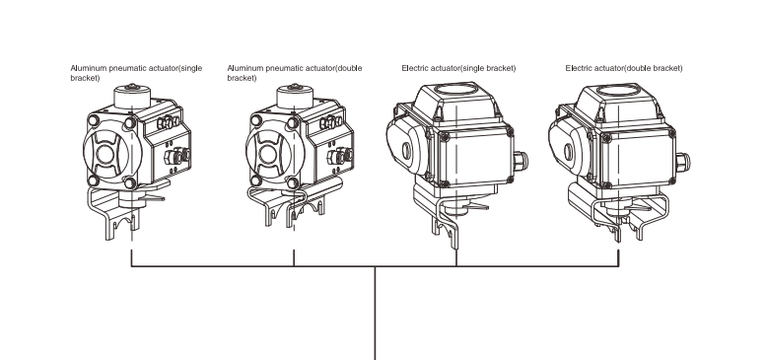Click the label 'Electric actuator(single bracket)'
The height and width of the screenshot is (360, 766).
[x=458, y=68]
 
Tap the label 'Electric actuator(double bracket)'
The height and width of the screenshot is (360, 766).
[x=624, y=68]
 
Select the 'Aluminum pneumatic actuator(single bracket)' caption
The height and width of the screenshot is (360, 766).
[x=136, y=73]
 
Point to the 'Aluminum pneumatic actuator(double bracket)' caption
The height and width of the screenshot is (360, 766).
[x=295, y=73]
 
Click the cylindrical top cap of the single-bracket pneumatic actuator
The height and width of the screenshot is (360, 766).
[x=132, y=97]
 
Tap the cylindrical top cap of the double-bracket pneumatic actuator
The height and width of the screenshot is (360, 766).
[x=295, y=97]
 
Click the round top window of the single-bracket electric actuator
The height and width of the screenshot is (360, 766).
[x=455, y=90]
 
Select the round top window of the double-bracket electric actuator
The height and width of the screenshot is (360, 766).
[x=618, y=90]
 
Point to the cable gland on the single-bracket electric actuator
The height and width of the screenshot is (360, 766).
[x=521, y=161]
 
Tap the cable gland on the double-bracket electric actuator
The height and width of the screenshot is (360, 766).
[x=683, y=162]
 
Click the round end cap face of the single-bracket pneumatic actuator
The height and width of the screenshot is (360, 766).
[x=105, y=154]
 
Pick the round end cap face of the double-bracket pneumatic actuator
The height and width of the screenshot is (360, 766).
[x=268, y=154]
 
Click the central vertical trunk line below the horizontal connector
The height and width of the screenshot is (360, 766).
[x=375, y=313]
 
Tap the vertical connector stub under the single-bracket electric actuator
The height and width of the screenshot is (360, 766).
[x=456, y=257]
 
